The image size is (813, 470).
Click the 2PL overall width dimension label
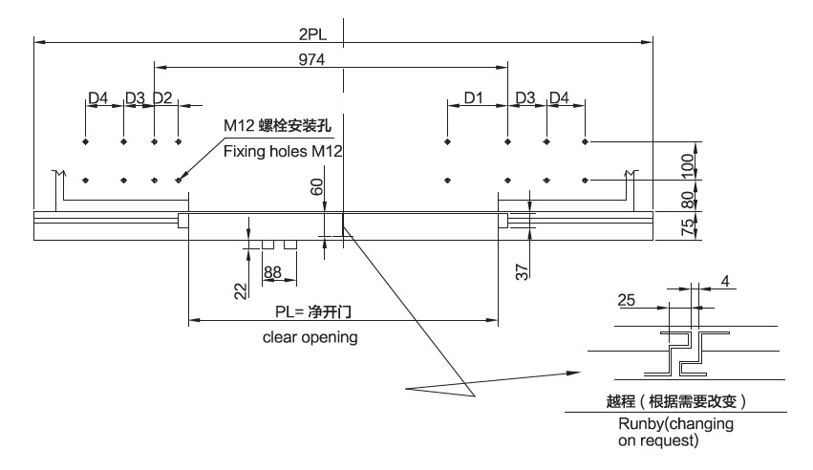pyautogui.click(x=312, y=34)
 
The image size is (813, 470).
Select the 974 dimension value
pyautogui.click(x=312, y=60)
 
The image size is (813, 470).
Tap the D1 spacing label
pyautogui.click(x=475, y=97)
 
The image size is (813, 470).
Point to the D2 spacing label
pyautogui.click(x=162, y=97)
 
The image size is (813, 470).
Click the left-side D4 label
pyautogui.click(x=98, y=97)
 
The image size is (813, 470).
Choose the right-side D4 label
pyautogui.click(x=559, y=97)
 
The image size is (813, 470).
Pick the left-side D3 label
pyautogui.click(x=134, y=97)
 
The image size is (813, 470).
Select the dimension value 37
pyautogui.click(x=522, y=271)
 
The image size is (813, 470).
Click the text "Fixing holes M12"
pyautogui.click(x=282, y=151)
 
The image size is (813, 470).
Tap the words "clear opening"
pyautogui.click(x=311, y=337)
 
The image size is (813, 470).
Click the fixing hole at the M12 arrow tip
pyautogui.click(x=179, y=179)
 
